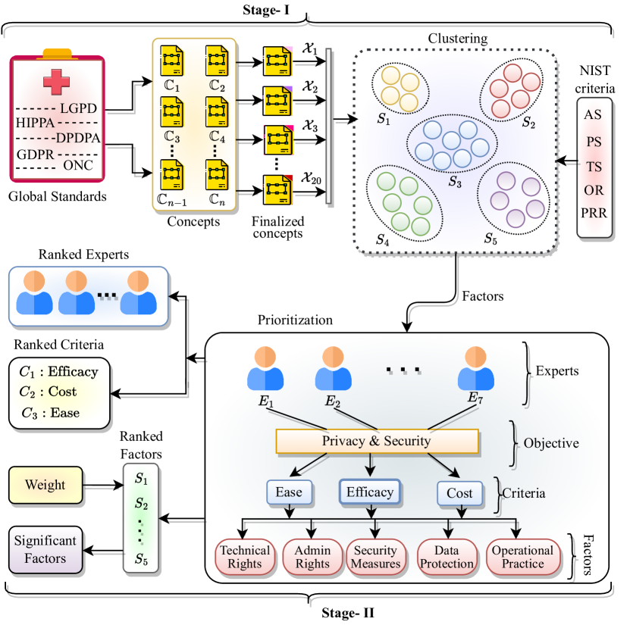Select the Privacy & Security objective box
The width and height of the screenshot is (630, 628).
[x=377, y=441]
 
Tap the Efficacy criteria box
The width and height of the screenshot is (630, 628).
[x=369, y=492]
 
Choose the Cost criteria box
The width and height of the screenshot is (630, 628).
[x=459, y=493]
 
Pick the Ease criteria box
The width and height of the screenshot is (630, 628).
[x=288, y=492]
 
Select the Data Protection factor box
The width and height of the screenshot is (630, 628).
[x=448, y=556]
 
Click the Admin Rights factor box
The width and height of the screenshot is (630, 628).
[x=311, y=556]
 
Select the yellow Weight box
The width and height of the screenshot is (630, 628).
[x=45, y=484]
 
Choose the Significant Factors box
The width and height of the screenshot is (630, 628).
[x=45, y=549]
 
